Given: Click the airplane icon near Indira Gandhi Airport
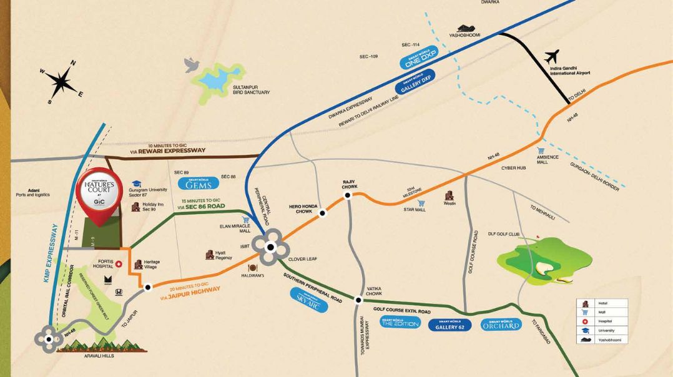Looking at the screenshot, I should [x=553, y=57].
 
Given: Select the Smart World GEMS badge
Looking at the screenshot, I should [x=199, y=184].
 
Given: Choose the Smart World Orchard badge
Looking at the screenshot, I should [x=501, y=325].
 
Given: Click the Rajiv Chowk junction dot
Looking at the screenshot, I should [x=348, y=195].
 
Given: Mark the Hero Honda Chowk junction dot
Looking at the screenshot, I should [x=323, y=213].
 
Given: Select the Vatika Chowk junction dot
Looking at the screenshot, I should [x=358, y=300].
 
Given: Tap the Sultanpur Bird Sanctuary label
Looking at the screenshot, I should [x=251, y=89].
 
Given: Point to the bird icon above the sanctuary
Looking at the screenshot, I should [x=192, y=64].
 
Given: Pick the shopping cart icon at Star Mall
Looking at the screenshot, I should [x=421, y=203].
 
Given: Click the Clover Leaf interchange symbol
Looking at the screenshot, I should [x=270, y=247].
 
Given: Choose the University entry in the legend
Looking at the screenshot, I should [x=607, y=330].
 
